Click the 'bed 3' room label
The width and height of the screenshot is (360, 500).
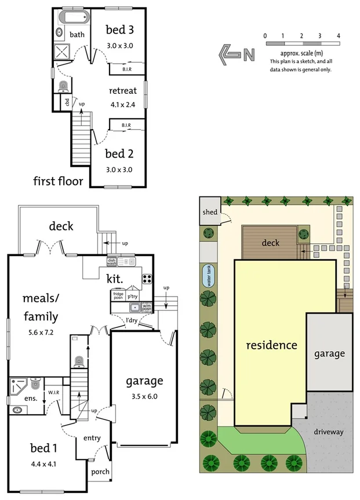(x=120, y=30)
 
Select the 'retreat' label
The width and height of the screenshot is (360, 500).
(x=122, y=91)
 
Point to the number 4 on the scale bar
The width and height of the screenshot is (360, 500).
(x=339, y=36)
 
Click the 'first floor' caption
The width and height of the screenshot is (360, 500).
(x=58, y=181)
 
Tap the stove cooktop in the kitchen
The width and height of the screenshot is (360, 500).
(x=147, y=279)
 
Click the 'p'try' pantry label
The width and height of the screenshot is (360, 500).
(x=134, y=295)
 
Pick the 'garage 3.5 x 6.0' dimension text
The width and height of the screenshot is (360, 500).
(x=144, y=397)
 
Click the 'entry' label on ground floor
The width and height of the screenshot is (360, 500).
(x=92, y=437)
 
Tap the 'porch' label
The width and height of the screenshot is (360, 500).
(x=100, y=472)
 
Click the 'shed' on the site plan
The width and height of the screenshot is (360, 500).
(x=210, y=212)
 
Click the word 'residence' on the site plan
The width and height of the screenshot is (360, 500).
(x=271, y=345)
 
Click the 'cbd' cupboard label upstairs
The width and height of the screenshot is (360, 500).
(x=67, y=103)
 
